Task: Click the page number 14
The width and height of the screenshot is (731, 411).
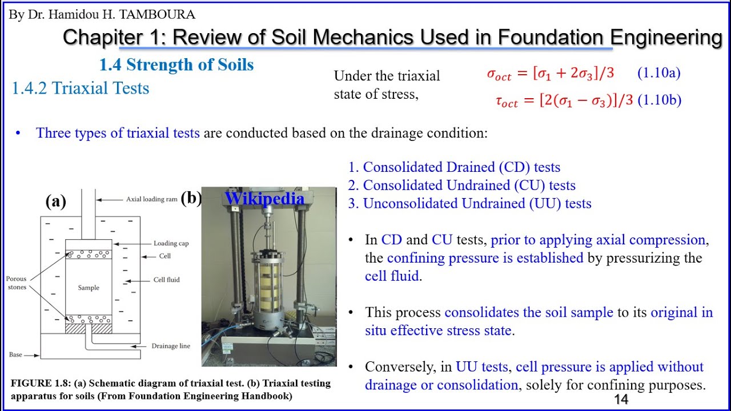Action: (621, 400)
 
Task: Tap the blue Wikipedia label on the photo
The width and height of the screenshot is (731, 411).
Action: (264, 199)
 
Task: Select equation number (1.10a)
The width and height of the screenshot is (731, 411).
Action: (659, 73)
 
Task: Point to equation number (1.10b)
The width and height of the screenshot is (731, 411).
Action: (659, 100)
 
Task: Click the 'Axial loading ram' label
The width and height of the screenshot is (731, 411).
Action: (151, 200)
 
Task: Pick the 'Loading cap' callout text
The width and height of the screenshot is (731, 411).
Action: (171, 243)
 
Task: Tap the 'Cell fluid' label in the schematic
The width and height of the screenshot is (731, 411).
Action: (167, 280)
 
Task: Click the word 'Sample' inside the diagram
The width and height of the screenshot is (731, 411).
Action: (89, 288)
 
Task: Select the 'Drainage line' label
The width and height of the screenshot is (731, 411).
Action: (171, 346)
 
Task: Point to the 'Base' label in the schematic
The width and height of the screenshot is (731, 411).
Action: (15, 354)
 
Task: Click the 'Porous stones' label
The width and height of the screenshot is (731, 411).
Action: (16, 283)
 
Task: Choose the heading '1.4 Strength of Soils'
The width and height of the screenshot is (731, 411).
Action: (176, 65)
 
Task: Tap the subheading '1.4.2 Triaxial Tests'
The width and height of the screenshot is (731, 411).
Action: (81, 88)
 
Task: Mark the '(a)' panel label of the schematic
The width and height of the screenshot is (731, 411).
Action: (56, 201)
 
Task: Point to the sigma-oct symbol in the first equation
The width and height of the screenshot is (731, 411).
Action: (499, 74)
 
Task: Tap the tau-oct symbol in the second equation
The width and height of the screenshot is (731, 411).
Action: (507, 101)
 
